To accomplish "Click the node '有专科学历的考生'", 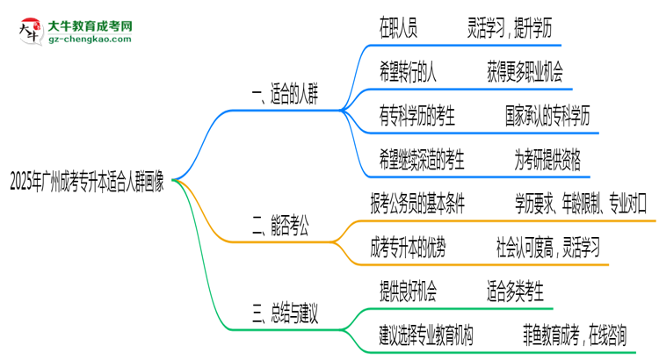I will pyautogui.click(x=417, y=116).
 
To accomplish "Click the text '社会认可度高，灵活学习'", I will pyautogui.click(x=547, y=248).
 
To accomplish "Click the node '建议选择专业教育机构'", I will pyautogui.click(x=426, y=335).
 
